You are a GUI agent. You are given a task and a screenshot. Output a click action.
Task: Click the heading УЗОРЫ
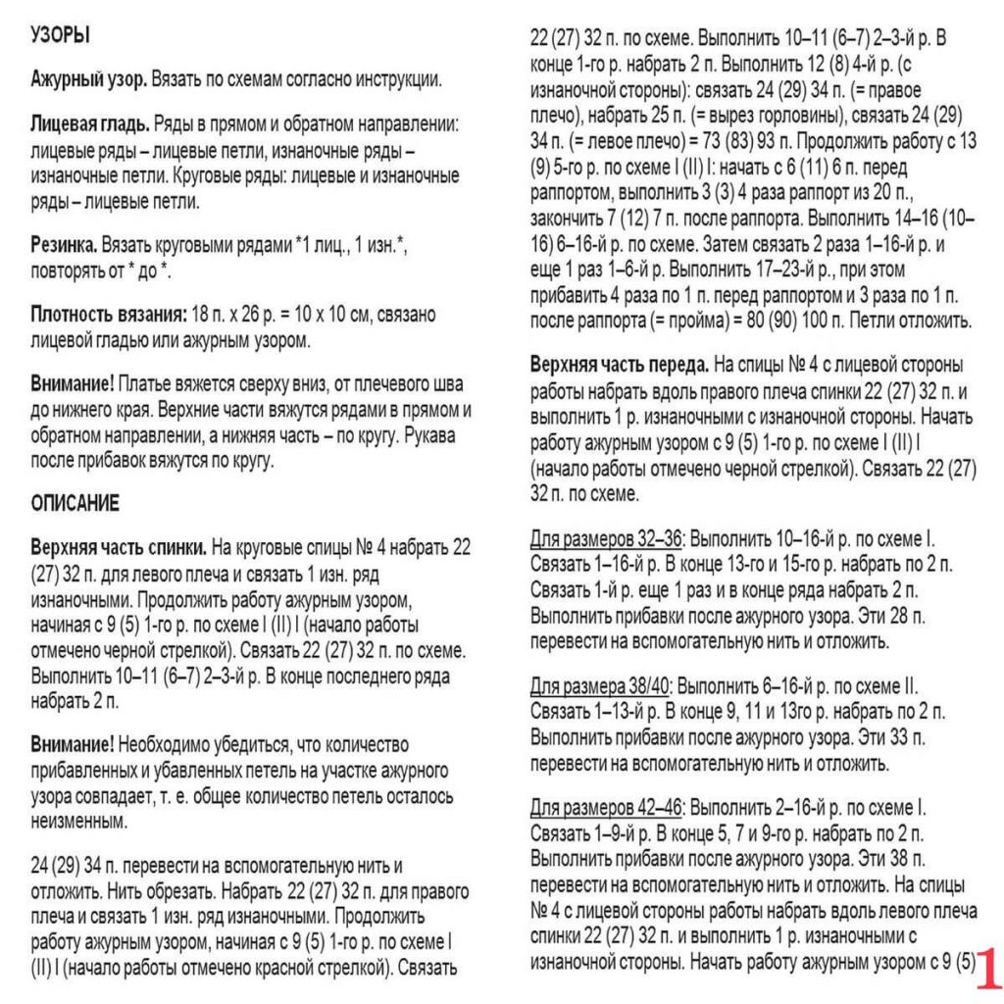[61, 35]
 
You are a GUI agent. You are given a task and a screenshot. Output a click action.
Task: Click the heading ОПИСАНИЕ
[75, 503]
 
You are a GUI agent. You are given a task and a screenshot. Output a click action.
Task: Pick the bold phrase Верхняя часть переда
[620, 365]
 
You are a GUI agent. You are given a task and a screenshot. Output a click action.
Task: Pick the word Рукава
[420, 434]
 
